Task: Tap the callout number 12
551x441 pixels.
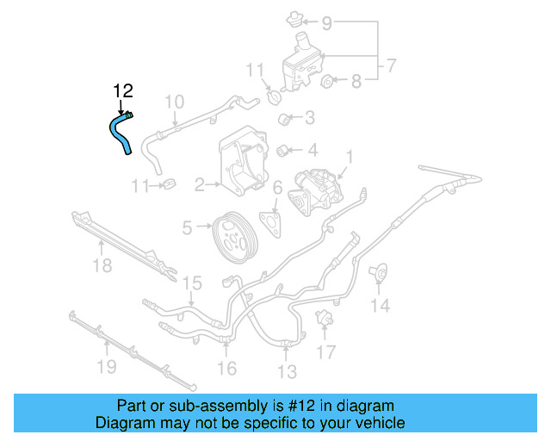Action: (123, 90)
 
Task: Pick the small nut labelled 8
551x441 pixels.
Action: (327, 83)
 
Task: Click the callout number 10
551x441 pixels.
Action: (174, 102)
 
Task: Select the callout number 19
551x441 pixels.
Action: (105, 370)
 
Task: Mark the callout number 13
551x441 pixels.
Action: (287, 371)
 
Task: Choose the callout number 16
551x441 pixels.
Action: (226, 369)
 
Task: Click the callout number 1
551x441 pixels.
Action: (350, 158)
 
